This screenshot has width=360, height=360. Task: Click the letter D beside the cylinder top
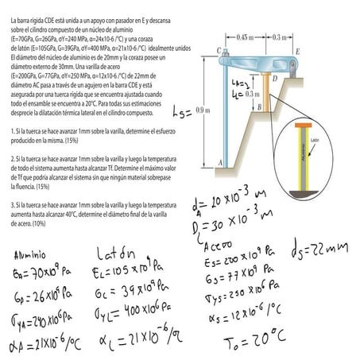pyautogui.click(x=274, y=78)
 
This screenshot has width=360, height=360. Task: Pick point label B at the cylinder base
pyautogui.click(x=259, y=106)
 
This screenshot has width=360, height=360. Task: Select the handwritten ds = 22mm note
pyautogui.click(x=321, y=248)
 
